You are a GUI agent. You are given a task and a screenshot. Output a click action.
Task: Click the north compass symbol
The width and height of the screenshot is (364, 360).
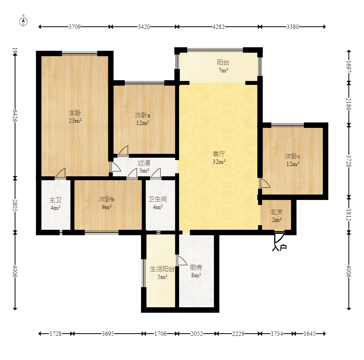[24, 21]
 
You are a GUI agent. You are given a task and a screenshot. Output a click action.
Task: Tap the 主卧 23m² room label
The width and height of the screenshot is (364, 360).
[75, 117]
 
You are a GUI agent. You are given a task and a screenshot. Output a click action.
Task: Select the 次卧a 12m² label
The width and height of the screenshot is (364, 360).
[143, 119]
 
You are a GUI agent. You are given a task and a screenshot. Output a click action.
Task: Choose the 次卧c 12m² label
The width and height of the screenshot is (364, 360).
[293, 160]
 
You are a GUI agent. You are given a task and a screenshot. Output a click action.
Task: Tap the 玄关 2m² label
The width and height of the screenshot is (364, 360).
[276, 216]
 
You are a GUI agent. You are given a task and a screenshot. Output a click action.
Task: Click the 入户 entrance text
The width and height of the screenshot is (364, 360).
[279, 247]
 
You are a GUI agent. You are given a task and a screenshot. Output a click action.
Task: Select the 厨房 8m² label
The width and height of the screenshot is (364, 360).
[196, 271]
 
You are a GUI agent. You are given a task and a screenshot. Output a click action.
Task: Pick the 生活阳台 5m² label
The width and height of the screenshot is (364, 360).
[162, 273]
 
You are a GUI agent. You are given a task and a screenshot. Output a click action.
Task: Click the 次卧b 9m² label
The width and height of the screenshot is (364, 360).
[107, 203]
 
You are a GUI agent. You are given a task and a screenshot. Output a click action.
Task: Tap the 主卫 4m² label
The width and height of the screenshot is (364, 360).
[55, 204]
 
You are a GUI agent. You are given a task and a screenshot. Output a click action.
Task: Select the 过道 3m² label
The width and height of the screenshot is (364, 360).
[144, 167]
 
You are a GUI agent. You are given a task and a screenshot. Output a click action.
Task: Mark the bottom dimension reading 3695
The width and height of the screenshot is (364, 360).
[108, 334]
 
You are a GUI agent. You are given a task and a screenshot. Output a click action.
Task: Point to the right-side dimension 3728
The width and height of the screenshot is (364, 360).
[348, 161]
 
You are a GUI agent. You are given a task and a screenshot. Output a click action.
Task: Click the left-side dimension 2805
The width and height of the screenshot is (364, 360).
[15, 205]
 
